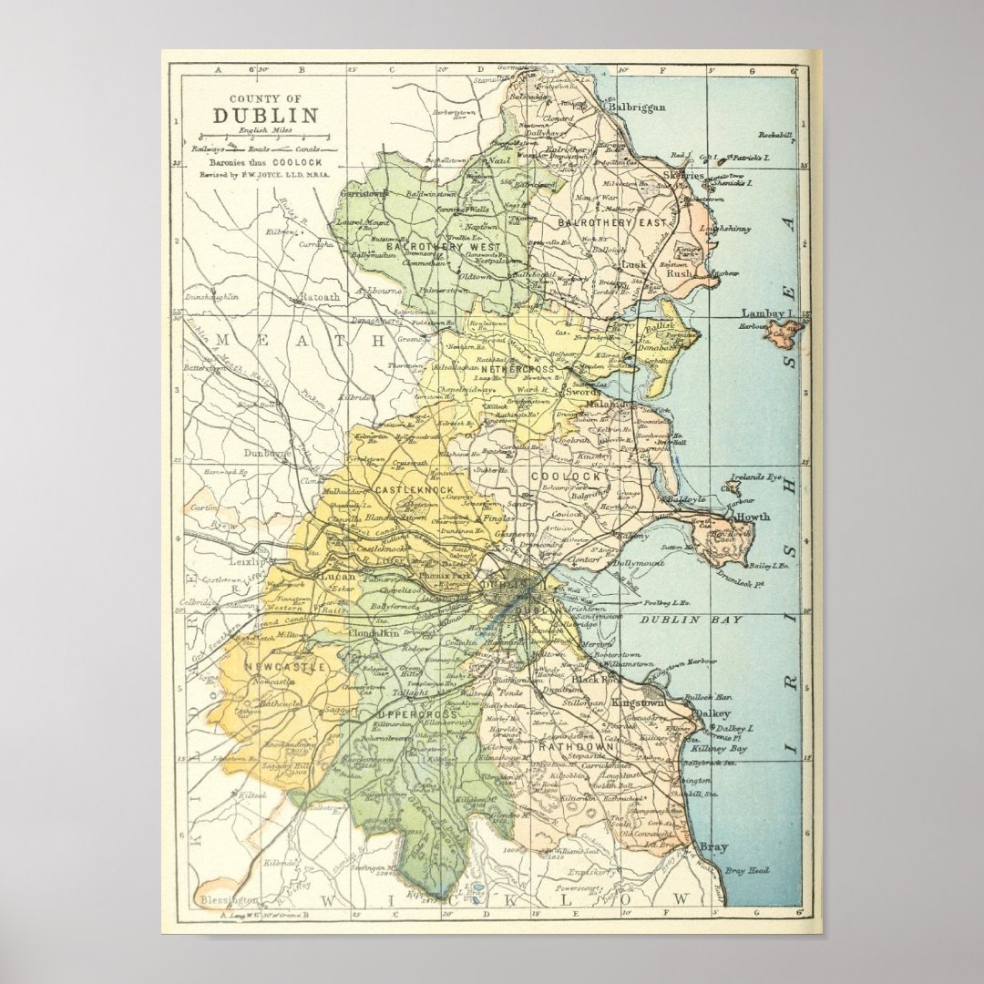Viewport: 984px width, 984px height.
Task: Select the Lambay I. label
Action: tap(768, 313)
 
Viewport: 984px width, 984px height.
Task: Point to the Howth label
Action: tap(753, 517)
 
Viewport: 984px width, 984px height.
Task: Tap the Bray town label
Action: tap(713, 847)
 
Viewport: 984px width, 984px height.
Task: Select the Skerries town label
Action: tap(683, 175)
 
